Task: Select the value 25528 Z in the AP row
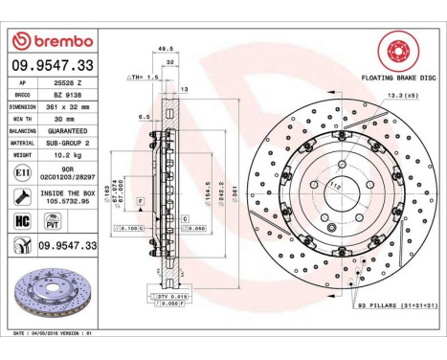68,84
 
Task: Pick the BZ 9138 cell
67,96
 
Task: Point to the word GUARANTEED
71,130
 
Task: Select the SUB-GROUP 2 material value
71,142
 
